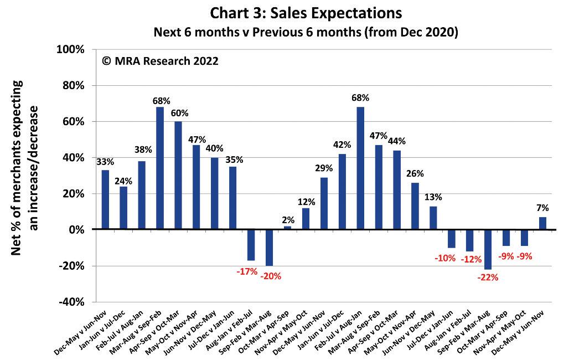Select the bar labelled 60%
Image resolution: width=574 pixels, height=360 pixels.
[x=178, y=175]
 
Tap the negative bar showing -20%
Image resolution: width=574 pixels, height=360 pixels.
[x=269, y=247]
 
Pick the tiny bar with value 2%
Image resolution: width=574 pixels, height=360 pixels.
[x=287, y=228]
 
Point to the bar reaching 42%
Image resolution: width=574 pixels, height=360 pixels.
[x=342, y=192]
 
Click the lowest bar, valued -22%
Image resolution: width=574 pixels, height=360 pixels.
[x=488, y=249]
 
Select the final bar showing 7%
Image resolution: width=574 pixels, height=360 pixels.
[x=542, y=223]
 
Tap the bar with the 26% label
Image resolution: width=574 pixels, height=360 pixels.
[x=415, y=206]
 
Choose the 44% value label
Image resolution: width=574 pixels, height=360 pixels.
[x=397, y=141]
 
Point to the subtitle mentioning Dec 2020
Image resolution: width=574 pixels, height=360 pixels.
[x=306, y=32]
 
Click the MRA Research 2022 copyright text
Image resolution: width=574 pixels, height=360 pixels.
[x=160, y=61]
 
